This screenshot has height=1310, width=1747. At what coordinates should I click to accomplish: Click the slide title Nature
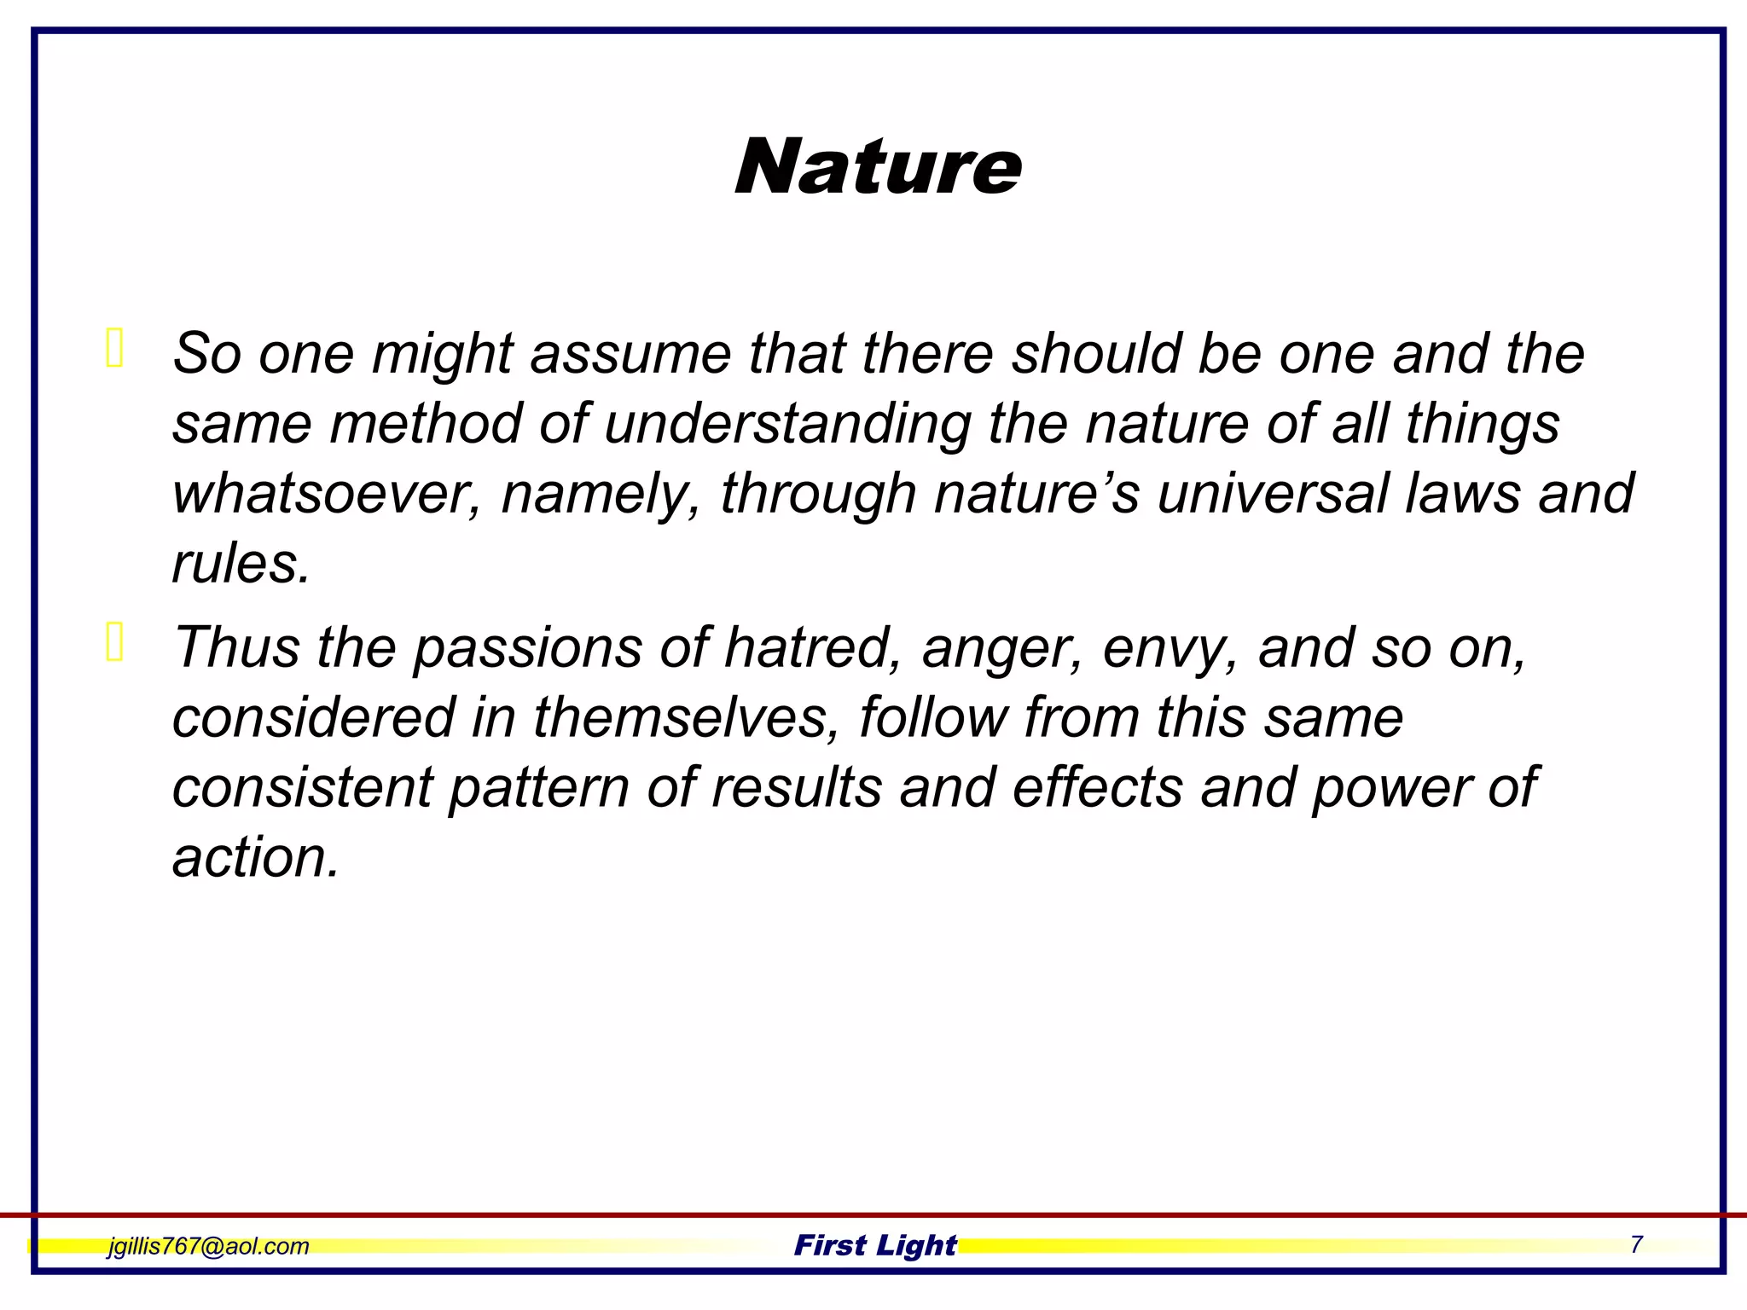pos(878,167)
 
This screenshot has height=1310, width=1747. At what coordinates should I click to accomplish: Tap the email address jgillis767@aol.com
pos(208,1246)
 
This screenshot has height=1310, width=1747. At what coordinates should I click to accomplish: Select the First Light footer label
pos(875,1245)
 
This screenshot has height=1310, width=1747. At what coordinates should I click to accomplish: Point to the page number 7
pos(1636,1244)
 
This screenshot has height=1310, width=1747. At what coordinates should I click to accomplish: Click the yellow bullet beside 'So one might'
pos(115,348)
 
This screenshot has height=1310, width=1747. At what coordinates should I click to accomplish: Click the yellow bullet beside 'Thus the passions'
pos(115,642)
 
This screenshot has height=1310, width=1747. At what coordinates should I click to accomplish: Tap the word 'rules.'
pos(241,564)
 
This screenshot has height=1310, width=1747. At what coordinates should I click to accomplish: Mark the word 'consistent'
pos(303,787)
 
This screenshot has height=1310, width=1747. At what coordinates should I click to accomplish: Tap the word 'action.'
pos(256,857)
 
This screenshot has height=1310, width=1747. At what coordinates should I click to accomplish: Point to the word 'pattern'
pos(539,787)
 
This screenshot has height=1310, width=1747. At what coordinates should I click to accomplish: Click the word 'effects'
pos(1098,787)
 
